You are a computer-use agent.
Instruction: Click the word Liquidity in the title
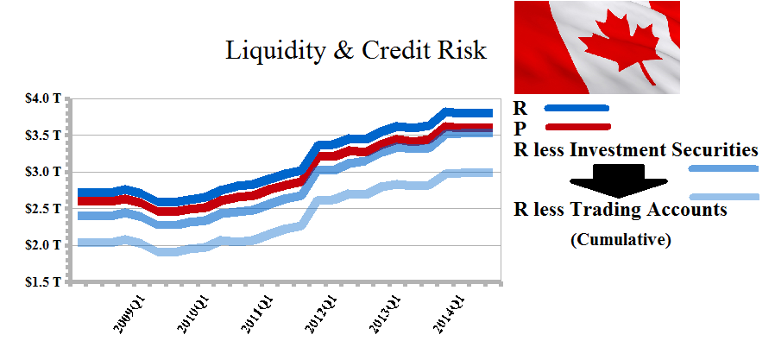coord(275,51)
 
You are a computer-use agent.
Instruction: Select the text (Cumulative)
coord(621,241)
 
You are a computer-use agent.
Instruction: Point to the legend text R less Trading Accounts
coord(620,210)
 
